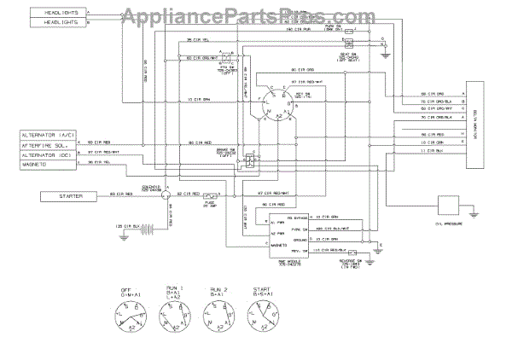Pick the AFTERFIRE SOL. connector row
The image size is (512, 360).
tap(50, 143)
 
